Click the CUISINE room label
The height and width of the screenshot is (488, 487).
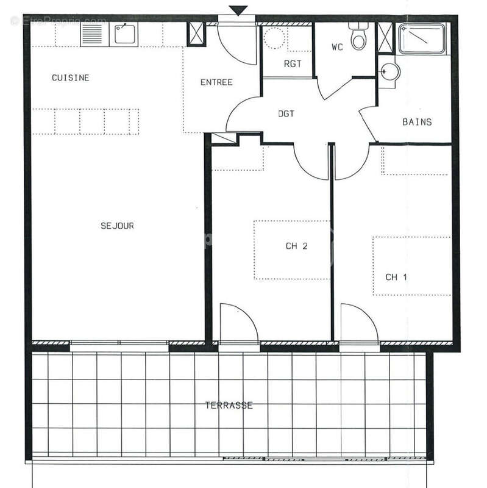click(71, 77)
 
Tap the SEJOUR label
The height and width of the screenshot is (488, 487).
click(117, 226)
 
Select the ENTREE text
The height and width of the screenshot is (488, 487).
click(217, 82)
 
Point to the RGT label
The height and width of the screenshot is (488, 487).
click(290, 63)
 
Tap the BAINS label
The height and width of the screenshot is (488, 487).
click(417, 121)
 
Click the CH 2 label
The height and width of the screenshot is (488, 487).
click(296, 246)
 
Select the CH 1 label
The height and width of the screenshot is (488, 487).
click(396, 277)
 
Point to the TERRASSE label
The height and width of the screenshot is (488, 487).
click(229, 404)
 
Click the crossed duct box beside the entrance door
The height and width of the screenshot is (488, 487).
click(197, 33)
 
